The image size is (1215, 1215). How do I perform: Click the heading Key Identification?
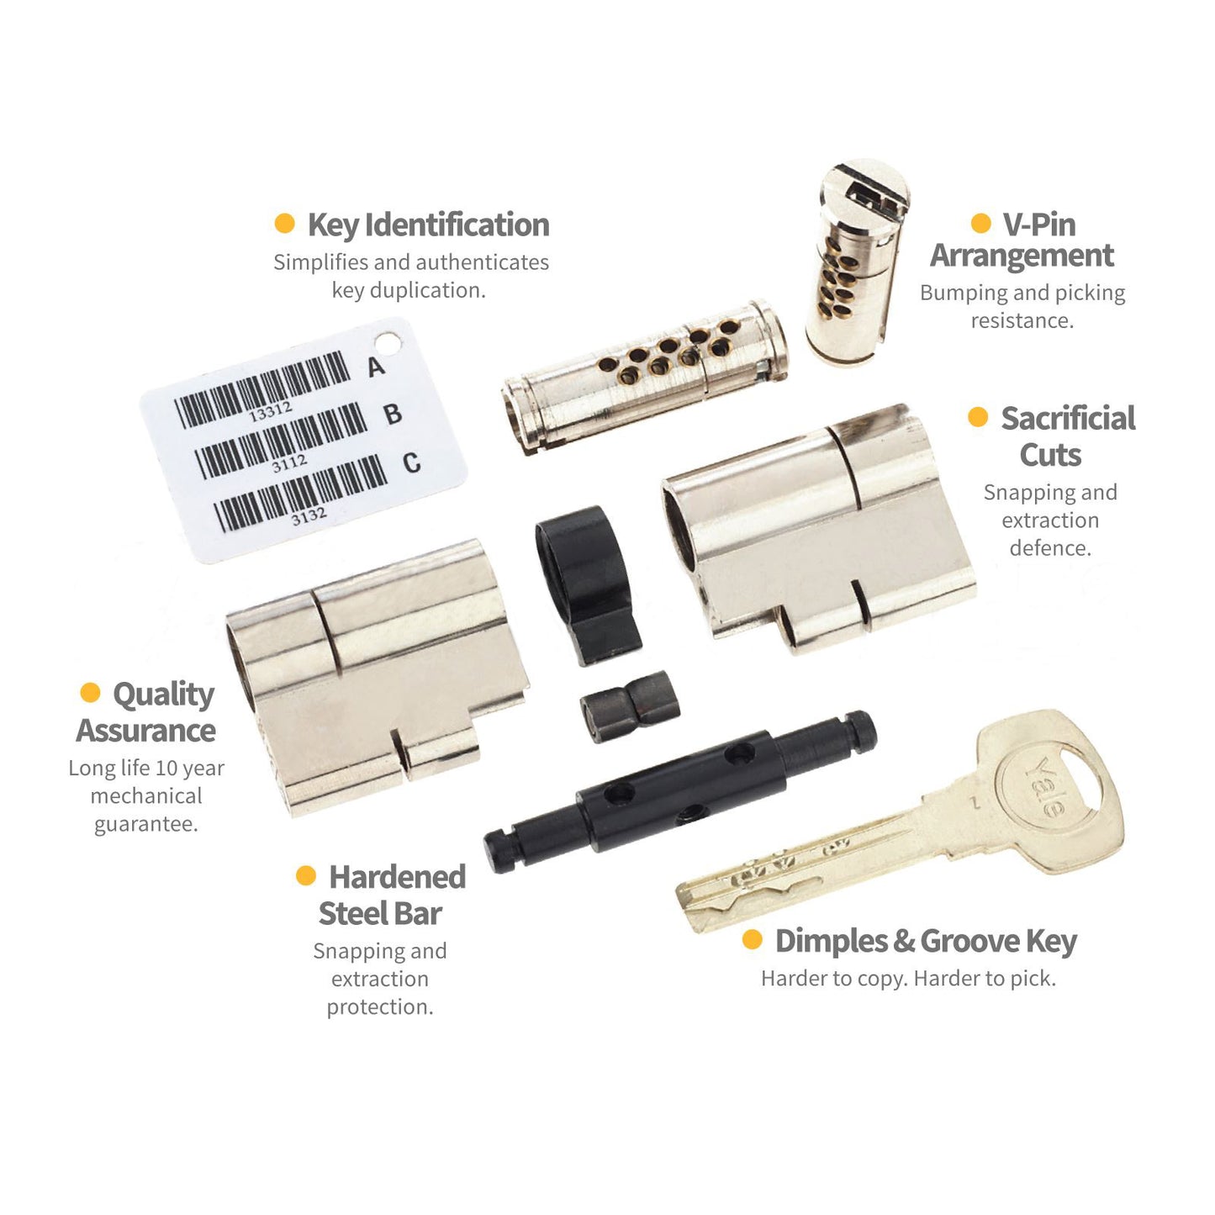[428, 225]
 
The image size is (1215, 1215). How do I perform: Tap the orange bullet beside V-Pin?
[980, 223]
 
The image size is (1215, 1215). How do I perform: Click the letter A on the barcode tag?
[376, 367]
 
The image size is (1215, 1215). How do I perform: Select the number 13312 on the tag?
[271, 413]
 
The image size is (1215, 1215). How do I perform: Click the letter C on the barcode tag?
[412, 463]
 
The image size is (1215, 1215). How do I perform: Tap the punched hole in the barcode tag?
[387, 344]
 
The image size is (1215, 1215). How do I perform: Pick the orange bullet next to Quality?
[90, 692]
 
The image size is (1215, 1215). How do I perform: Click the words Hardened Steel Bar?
[392, 895]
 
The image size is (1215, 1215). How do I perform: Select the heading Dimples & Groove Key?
[927, 942]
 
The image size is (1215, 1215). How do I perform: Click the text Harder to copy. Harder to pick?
[908, 979]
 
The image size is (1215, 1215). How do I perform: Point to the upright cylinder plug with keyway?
[858, 261]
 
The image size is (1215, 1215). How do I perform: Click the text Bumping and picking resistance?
[1022, 306]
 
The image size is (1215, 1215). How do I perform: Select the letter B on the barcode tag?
[393, 415]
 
